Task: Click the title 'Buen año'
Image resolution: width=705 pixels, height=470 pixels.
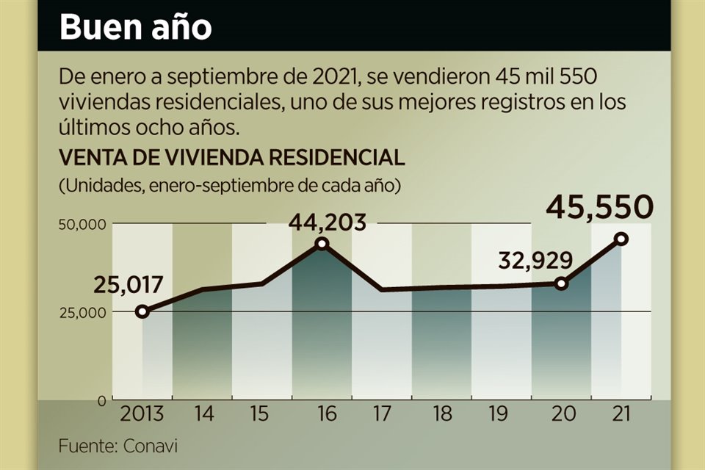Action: coord(135,27)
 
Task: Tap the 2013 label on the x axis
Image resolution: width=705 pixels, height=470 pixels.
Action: coord(142,415)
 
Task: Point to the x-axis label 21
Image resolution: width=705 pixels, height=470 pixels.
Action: coord(621,415)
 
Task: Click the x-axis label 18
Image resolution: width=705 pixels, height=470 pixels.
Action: coord(441,415)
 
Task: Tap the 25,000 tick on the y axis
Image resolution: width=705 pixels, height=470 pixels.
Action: coord(83,311)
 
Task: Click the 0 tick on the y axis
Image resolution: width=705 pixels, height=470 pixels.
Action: coord(102,400)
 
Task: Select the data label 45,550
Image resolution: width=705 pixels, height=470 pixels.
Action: coord(599,208)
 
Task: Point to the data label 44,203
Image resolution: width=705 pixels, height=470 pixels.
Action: coord(327,222)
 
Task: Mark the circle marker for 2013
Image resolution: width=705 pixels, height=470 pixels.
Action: coord(142,311)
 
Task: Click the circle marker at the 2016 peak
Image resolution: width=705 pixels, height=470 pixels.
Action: coord(322,244)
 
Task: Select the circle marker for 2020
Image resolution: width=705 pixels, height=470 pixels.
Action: coord(562,283)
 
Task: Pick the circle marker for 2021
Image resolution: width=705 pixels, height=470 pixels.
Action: coord(621,239)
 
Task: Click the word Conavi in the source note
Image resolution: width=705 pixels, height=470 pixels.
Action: coord(151,446)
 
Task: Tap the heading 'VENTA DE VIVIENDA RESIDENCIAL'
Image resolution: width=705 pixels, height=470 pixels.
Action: coord(231,158)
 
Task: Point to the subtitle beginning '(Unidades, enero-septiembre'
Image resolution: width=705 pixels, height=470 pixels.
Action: coord(229,185)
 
